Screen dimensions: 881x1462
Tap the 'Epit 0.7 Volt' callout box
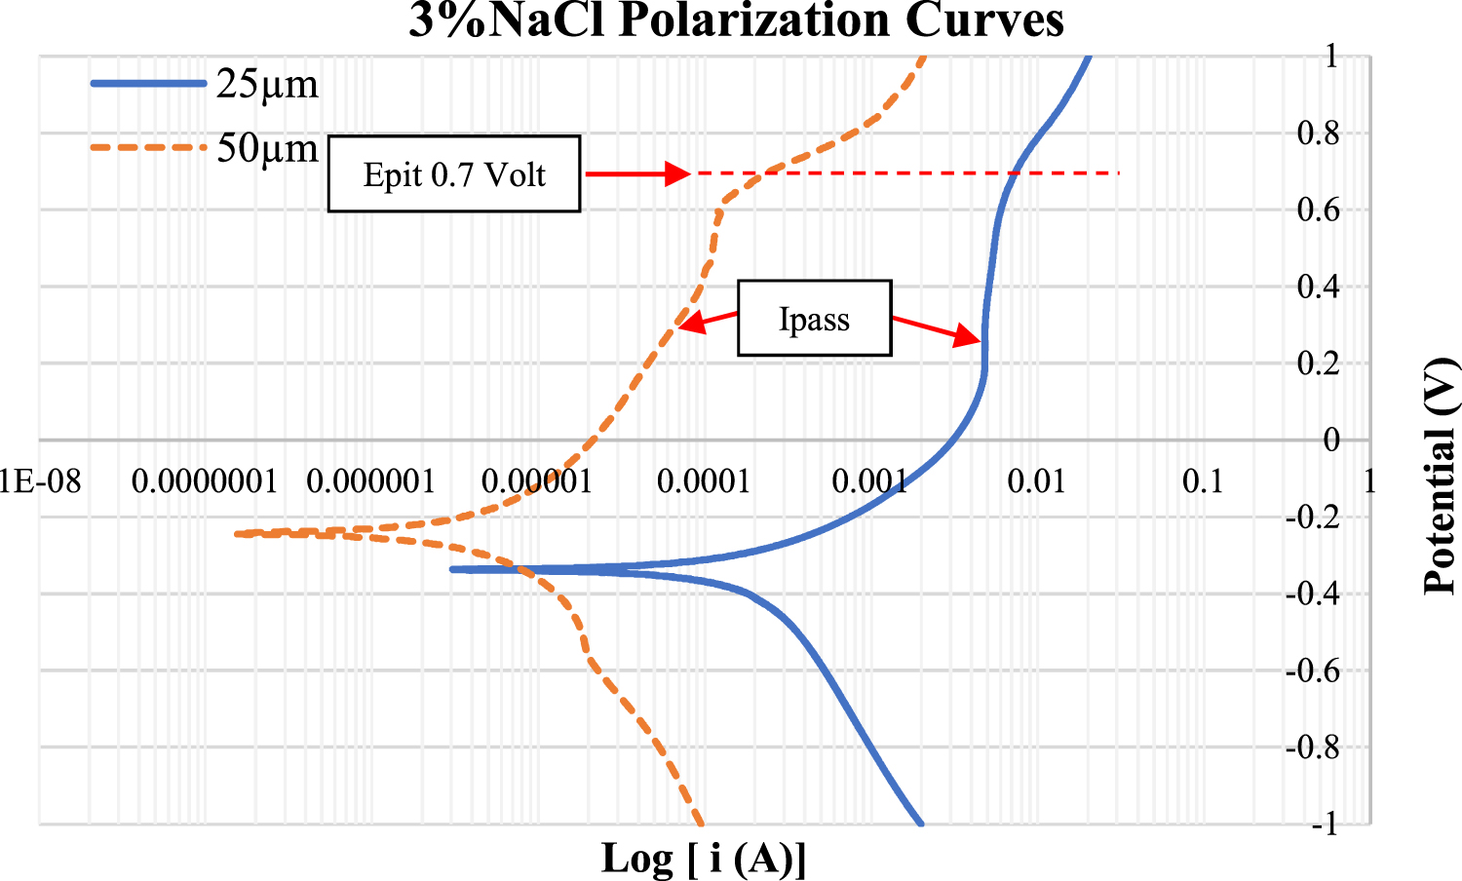(x=454, y=174)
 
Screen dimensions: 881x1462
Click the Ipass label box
(x=814, y=319)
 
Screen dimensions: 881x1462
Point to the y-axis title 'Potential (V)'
(x=1440, y=477)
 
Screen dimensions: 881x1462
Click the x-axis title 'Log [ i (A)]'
(x=704, y=859)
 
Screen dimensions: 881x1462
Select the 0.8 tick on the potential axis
(x=1318, y=134)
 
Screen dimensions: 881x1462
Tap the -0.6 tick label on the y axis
(x=1312, y=671)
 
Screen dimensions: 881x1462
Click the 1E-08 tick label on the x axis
(x=40, y=481)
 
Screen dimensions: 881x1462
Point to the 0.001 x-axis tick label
(x=869, y=481)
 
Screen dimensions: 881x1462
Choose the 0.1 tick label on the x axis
(x=1203, y=481)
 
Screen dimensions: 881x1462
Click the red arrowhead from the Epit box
(x=677, y=174)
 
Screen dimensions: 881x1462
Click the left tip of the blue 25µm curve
(x=452, y=569)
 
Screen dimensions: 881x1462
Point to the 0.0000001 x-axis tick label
(x=204, y=481)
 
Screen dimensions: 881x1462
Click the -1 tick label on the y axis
(x=1324, y=824)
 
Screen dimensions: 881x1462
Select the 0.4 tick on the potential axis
(x=1318, y=287)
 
